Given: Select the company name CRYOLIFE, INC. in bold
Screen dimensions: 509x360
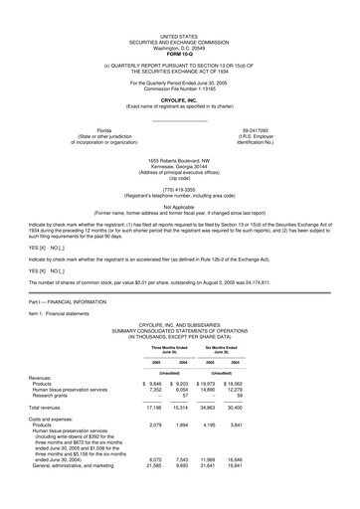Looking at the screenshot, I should [x=180, y=99].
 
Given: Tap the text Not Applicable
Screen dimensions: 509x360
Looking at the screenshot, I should [x=180, y=206].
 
